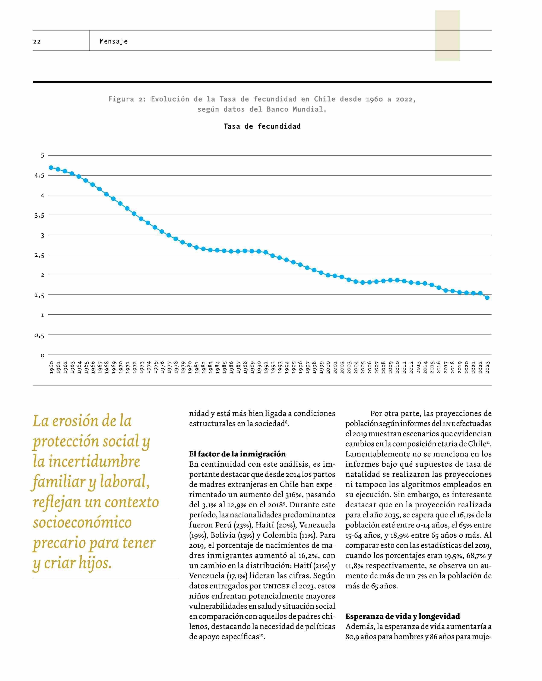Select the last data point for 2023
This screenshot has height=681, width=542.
487,297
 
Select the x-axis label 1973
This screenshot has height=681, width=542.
141,367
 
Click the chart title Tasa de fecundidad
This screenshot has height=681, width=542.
262,126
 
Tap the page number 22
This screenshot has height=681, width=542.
37,42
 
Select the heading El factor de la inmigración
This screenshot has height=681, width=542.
237,454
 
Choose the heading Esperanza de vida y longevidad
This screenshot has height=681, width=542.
402,616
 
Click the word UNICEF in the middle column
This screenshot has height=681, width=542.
276,586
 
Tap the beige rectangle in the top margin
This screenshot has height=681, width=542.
447,35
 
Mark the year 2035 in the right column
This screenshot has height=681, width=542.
392,515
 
